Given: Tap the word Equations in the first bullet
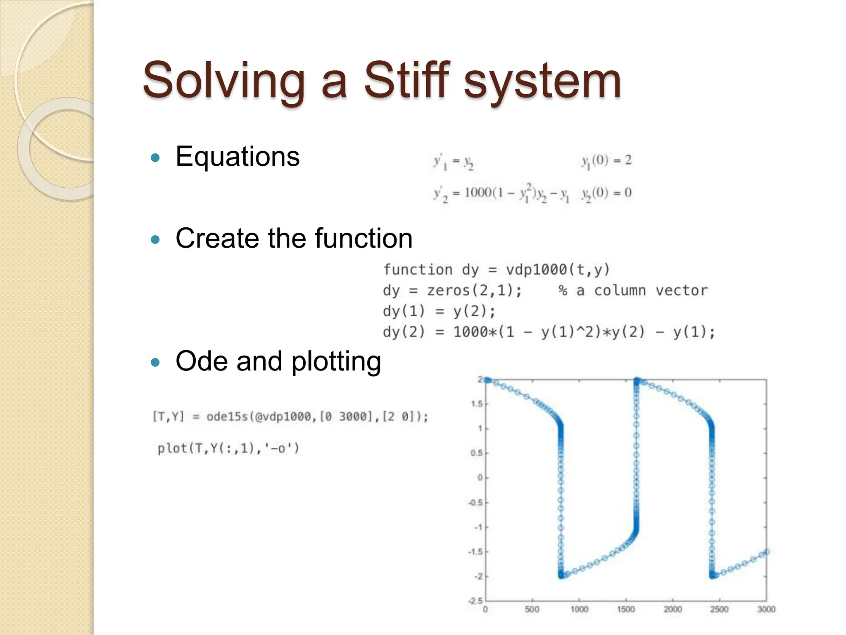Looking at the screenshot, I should click(x=238, y=157).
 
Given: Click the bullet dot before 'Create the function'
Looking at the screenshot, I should click(x=155, y=239).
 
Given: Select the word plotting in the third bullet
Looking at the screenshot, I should click(x=336, y=362).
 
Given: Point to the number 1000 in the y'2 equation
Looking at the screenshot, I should click(x=478, y=193).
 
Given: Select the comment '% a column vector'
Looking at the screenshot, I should click(x=632, y=291).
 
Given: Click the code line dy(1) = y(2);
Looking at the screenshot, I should click(x=439, y=311).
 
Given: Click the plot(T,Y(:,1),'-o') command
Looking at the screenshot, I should click(x=228, y=448).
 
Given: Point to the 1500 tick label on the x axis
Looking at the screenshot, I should click(x=626, y=609).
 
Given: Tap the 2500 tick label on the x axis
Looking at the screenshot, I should click(x=719, y=609).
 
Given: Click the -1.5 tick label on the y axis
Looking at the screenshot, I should click(x=475, y=552).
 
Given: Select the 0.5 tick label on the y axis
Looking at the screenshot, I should click(x=476, y=453).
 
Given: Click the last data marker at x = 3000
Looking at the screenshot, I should click(x=767, y=551).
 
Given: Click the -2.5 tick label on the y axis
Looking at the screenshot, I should click(x=475, y=601).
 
